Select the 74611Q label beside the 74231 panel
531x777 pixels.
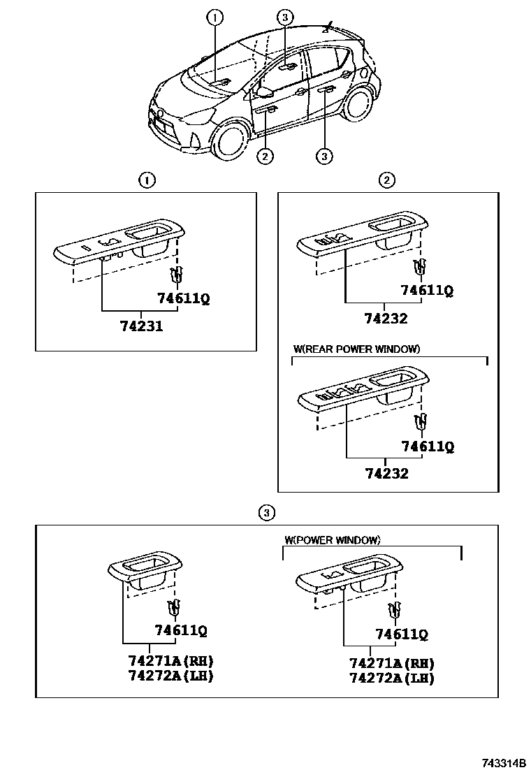click(183, 298)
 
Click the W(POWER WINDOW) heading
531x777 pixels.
click(332, 539)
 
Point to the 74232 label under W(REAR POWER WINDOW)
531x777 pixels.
click(386, 473)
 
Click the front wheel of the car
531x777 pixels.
click(230, 138)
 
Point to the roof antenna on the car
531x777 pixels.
click(328, 28)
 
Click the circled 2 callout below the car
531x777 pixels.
click(264, 157)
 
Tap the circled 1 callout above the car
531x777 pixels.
click(215, 17)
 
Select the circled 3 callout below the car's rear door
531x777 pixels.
click(323, 157)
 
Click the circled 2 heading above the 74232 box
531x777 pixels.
click(386, 180)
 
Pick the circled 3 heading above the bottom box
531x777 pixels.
click(265, 514)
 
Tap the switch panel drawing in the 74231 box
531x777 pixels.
click(119, 245)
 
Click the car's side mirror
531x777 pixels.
click(264, 91)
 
